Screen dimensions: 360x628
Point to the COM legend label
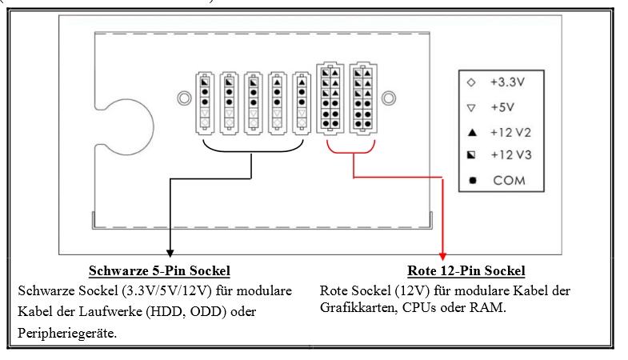[x=509, y=180]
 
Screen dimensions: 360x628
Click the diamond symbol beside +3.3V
[x=472, y=82]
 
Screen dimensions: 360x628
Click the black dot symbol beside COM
[x=472, y=180]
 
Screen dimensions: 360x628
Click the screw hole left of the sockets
[x=183, y=98]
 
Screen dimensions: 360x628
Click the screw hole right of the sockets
[x=389, y=98]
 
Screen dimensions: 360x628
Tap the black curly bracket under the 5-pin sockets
[x=252, y=150]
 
